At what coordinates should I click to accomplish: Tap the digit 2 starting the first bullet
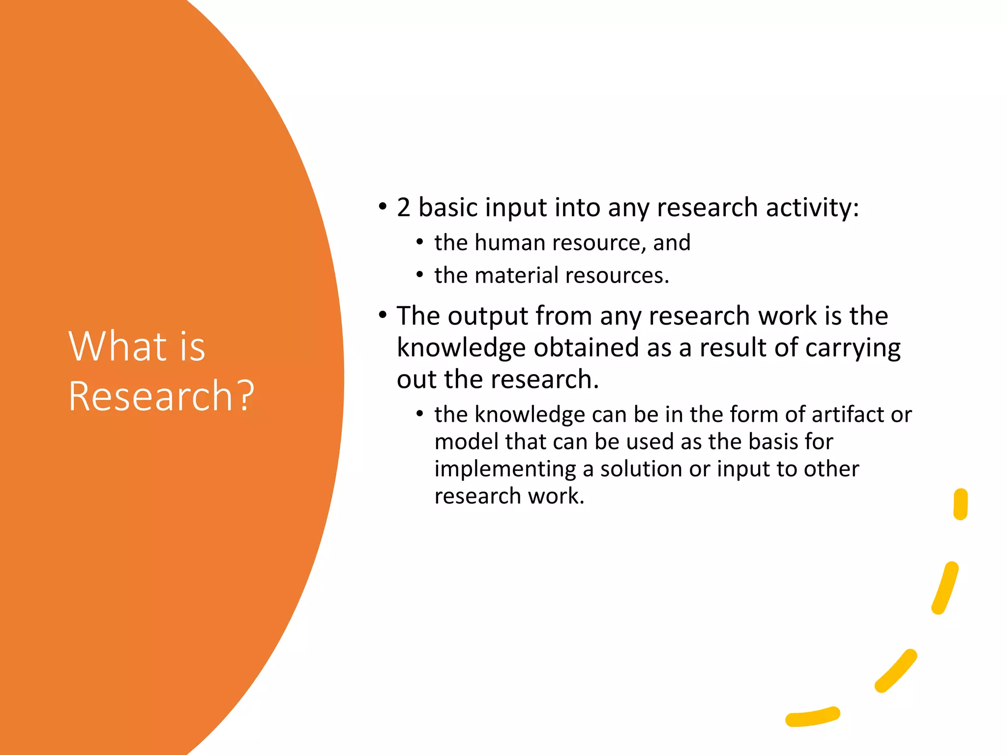[403, 207]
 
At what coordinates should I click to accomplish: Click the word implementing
[505, 468]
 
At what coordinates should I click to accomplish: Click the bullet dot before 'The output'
[383, 315]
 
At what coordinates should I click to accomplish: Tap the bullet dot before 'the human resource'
[419, 242]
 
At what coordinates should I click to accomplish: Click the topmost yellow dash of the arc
[960, 504]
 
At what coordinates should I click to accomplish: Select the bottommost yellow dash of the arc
[813, 717]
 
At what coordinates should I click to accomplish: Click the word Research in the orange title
[150, 396]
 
